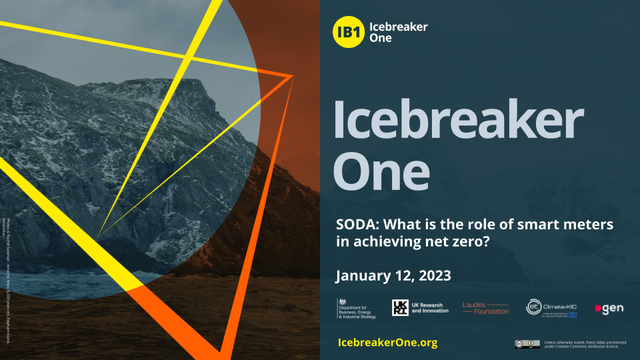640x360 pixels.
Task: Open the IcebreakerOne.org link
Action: click(x=387, y=342)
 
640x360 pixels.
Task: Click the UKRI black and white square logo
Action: click(x=399, y=307)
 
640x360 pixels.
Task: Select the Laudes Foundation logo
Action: click(x=485, y=307)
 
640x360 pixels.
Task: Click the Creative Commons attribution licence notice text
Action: click(x=585, y=344)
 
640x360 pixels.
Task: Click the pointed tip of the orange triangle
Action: click(x=292, y=77)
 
